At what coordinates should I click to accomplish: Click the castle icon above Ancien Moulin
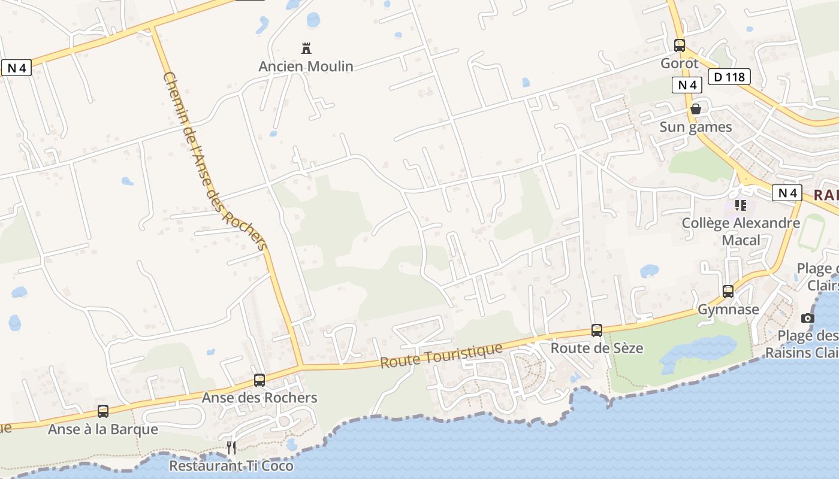tap(306, 48)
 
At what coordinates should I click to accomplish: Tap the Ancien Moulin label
tap(306, 66)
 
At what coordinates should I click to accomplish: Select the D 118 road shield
tap(729, 77)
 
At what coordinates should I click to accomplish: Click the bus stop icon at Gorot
tap(680, 45)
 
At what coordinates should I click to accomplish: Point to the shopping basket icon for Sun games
tap(696, 109)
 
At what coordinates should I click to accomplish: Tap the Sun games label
tap(696, 127)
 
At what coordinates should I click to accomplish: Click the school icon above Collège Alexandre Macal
tap(741, 205)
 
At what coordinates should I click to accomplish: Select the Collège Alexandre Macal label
tap(741, 231)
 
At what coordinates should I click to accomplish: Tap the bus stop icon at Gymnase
tap(728, 292)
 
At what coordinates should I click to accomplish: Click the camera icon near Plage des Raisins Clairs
tap(808, 318)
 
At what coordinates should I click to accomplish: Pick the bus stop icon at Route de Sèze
tap(597, 330)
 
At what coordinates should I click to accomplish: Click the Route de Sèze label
tap(597, 348)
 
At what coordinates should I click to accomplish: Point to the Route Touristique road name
tap(441, 356)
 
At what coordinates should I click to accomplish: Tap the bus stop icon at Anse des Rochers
tap(259, 380)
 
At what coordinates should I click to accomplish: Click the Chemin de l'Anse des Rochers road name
tap(214, 162)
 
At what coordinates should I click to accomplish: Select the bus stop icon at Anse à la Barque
tap(103, 411)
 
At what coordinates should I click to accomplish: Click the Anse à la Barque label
tap(103, 429)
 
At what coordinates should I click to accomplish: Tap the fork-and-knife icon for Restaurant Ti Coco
tap(231, 447)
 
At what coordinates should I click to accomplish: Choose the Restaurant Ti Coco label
tap(231, 466)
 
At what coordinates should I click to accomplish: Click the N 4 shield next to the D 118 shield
tap(687, 85)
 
